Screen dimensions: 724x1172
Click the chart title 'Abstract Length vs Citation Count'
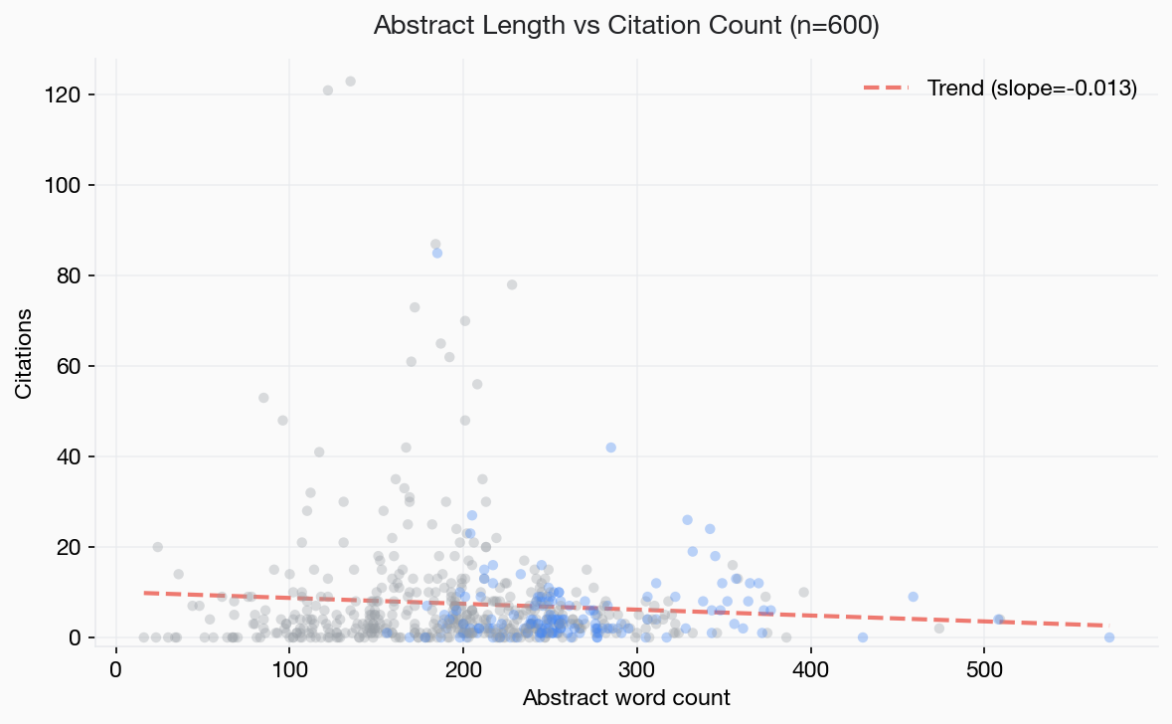coord(625,26)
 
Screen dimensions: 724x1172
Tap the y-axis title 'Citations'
coord(24,353)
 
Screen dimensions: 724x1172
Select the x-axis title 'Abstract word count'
coord(626,697)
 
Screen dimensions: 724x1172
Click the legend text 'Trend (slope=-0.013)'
coord(1032,88)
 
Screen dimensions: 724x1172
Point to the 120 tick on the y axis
coord(78,94)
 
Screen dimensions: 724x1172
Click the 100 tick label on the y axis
coord(78,185)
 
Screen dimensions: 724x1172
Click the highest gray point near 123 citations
coord(350,82)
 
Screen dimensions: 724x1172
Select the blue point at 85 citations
coord(437,253)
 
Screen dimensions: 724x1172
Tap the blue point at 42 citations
coord(610,448)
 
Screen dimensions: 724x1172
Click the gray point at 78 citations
coord(512,284)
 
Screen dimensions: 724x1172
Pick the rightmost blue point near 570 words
coord(1108,637)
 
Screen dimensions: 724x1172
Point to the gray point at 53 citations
coord(263,398)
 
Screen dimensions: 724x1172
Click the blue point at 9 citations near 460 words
coord(913,597)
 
